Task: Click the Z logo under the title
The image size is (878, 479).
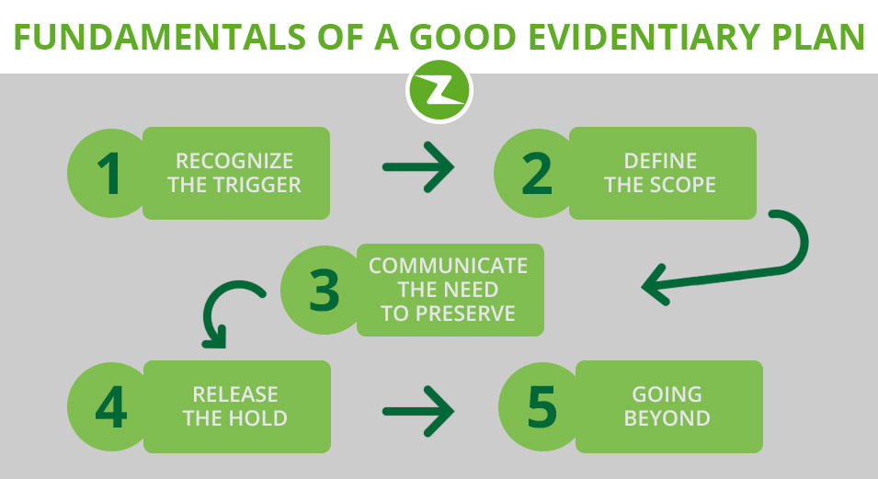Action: click(439, 91)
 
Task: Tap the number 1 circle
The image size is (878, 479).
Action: click(109, 173)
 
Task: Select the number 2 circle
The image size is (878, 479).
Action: click(536, 173)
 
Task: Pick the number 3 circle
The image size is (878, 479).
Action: click(323, 290)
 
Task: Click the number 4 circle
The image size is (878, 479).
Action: click(109, 406)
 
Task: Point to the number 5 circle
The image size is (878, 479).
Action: click(541, 406)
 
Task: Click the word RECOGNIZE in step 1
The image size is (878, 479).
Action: click(234, 161)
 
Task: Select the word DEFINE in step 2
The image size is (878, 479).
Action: click(660, 161)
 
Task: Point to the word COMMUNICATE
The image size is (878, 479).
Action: click(448, 266)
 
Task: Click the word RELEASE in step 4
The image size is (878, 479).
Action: click(235, 394)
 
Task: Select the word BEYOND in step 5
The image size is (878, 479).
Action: click(667, 418)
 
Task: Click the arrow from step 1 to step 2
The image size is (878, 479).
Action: click(418, 167)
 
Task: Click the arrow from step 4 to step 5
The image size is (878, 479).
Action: click(418, 411)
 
